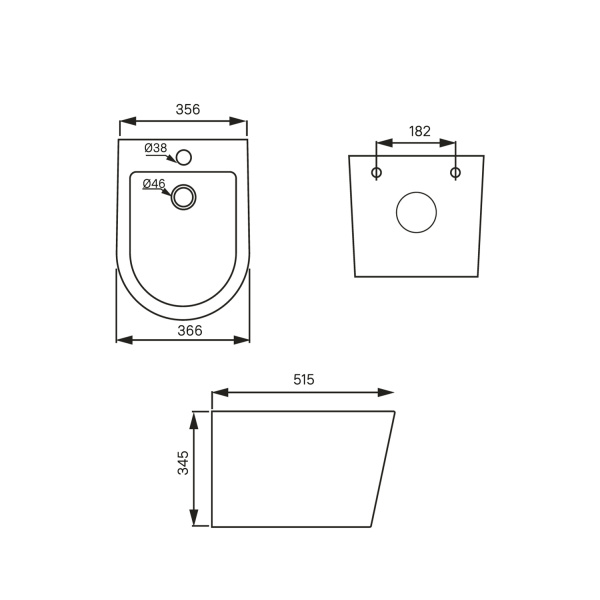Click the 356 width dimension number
183,109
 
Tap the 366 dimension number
183,330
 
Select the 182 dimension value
420,132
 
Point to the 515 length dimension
304,380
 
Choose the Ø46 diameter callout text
154,184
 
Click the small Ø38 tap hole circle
183,157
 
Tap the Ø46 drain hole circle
183,197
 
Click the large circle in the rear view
416,212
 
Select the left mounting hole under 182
377,173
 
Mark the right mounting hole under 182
455,173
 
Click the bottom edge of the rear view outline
416,276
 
